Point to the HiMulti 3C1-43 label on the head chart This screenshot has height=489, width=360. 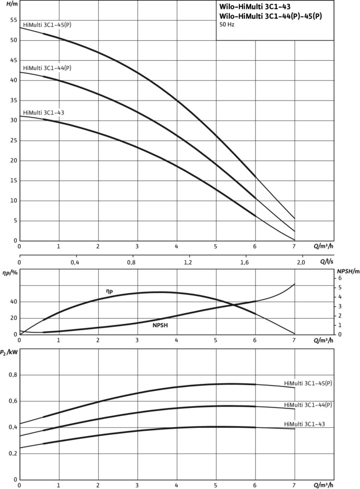[43, 112]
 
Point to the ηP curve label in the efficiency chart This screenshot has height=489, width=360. [109, 292]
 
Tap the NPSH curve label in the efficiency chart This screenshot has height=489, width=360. [160, 325]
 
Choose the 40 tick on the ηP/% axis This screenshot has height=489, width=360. [13, 302]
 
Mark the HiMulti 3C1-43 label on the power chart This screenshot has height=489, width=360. [304, 424]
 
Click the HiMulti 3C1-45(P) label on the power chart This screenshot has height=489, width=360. [308, 383]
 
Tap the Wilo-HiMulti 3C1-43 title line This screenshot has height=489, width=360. [258, 7]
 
